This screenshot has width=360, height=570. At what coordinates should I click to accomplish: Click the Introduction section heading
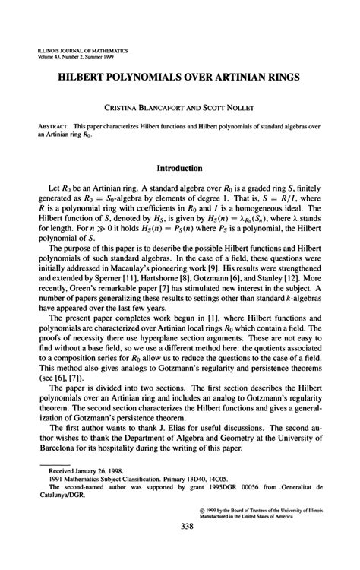[x=179, y=169]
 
